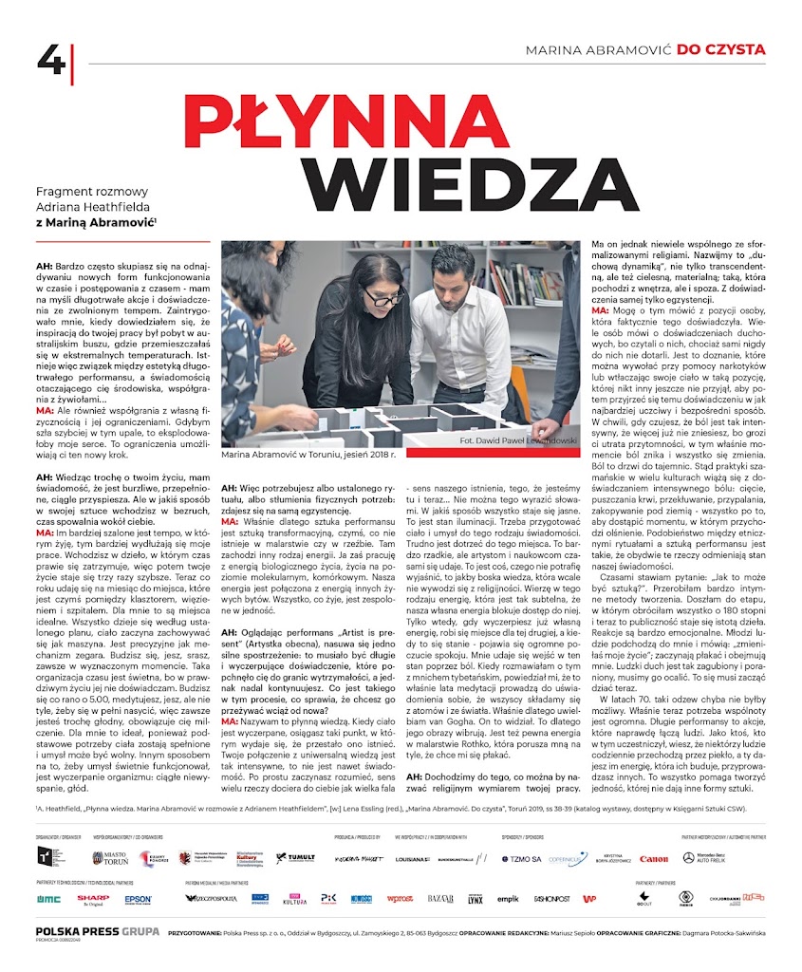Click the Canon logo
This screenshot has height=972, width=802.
(653, 859)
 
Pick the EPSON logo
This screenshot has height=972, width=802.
(138, 898)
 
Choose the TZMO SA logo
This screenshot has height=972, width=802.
(521, 858)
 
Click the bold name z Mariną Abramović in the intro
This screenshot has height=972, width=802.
(95, 223)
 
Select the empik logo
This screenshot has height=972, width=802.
(508, 898)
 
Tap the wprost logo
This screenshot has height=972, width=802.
(400, 898)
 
